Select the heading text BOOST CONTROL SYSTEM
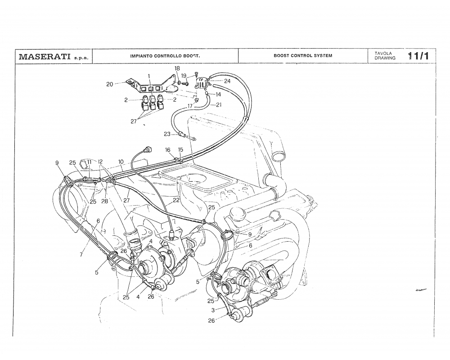[302, 56]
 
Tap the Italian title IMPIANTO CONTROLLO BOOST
[165, 56]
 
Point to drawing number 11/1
[418, 56]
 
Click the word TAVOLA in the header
[382, 54]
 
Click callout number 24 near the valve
[227, 81]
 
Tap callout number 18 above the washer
[177, 68]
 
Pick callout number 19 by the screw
[184, 76]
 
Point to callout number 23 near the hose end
[167, 134]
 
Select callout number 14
[218, 94]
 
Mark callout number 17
[190, 106]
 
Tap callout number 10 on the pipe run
[121, 161]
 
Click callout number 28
[104, 202]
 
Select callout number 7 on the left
[81, 255]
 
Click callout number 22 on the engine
[176, 200]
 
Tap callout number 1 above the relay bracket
[149, 76]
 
